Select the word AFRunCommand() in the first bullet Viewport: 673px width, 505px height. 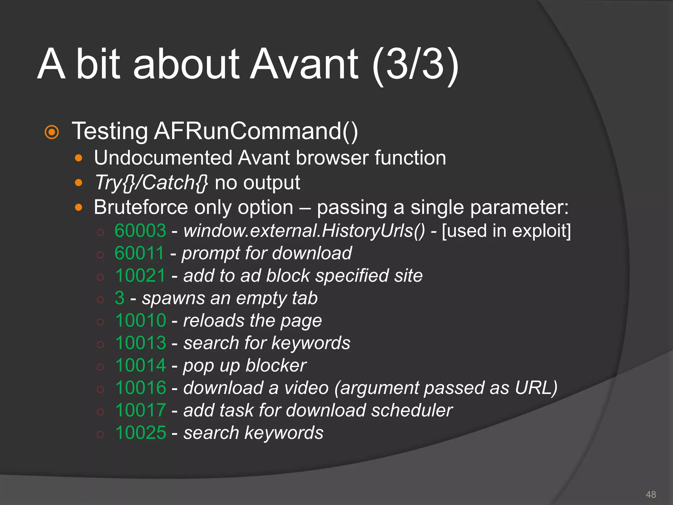coord(256,131)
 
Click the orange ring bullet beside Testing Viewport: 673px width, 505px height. coord(52,132)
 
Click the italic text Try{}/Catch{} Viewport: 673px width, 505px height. coord(151,183)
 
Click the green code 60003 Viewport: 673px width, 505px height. coord(140,230)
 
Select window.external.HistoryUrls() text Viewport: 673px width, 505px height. coord(304,230)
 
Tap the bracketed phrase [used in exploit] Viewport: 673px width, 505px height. coord(506,230)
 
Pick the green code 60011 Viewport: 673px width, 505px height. coord(139,253)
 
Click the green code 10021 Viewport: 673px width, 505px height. coord(140,276)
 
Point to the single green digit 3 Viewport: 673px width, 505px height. coord(120,298)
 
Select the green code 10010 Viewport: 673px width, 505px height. coord(141,320)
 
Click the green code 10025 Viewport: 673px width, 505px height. coord(141,433)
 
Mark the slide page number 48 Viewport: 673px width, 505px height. coord(651,494)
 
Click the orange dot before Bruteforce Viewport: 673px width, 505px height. coord(79,207)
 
